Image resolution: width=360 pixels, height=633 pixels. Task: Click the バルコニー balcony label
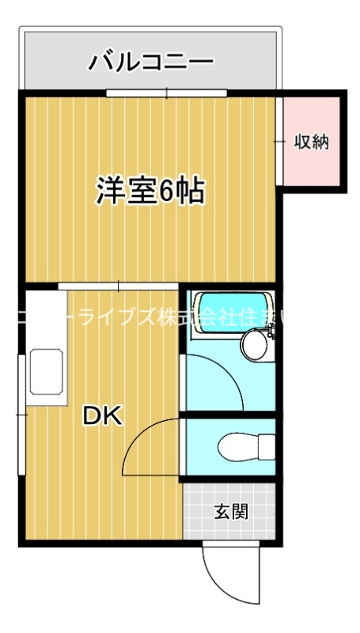pos(150,61)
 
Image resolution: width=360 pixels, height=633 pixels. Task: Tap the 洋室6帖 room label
pos(150,191)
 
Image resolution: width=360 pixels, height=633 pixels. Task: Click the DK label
pos(104,416)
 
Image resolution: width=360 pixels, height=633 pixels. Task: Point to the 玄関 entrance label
pos(231,511)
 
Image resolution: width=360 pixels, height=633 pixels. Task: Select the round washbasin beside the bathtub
pos(255,343)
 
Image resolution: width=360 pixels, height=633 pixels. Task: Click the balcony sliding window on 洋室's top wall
pos(167,94)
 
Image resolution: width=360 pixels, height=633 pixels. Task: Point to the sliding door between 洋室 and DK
pos(119,285)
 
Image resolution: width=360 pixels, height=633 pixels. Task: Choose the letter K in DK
pos(114,416)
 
